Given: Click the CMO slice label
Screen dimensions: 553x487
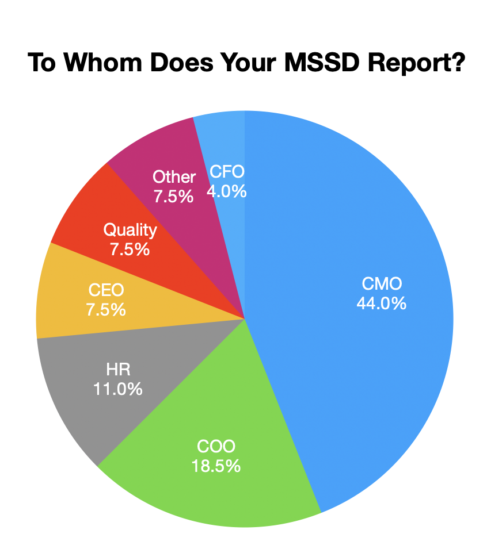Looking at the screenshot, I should pyautogui.click(x=382, y=283).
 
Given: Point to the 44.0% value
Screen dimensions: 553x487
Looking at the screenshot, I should pyautogui.click(x=382, y=302).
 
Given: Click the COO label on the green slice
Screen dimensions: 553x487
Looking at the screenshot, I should pyautogui.click(x=216, y=446).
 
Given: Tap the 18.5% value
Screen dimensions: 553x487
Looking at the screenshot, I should pyautogui.click(x=216, y=465).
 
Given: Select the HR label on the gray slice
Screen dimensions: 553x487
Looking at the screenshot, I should pyautogui.click(x=117, y=370).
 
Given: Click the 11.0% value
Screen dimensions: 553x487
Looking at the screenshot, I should pyautogui.click(x=117, y=389).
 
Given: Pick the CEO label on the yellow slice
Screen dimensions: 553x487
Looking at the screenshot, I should pyautogui.click(x=105, y=290).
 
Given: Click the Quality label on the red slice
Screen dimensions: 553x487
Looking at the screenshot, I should pyautogui.click(x=130, y=230).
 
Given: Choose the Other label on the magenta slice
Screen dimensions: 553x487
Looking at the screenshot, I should pyautogui.click(x=174, y=177).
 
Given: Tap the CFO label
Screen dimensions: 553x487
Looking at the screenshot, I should pyautogui.click(x=227, y=171).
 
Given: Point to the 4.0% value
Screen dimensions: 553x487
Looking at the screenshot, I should pyautogui.click(x=227, y=190).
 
